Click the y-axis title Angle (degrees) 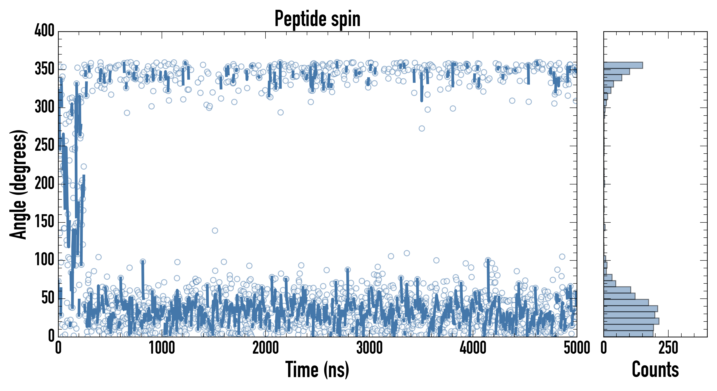pos(18,184)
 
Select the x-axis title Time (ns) pos(317,369)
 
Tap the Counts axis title pos(655,369)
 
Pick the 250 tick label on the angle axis pos(44,145)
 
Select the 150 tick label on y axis pos(44,222)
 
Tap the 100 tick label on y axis pos(44,260)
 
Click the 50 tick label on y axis pos(47,298)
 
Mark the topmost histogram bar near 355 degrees pos(623,65)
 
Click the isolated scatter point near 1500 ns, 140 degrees pos(215,230)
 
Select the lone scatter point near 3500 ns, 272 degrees pos(422,128)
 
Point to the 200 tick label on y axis pos(44,184)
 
